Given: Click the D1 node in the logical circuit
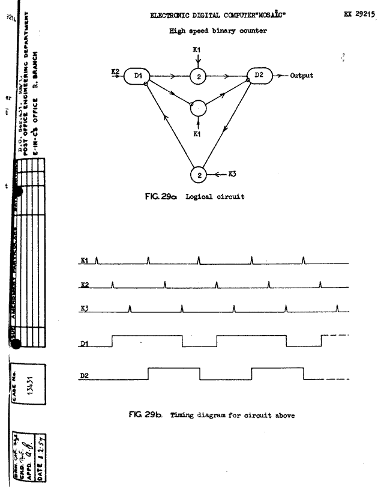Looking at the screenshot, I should click(x=138, y=76).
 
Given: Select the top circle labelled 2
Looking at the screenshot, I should click(x=199, y=76).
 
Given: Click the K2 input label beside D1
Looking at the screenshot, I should click(x=115, y=73).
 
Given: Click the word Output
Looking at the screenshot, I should click(x=299, y=76).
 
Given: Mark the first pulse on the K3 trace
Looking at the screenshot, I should click(x=130, y=308).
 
